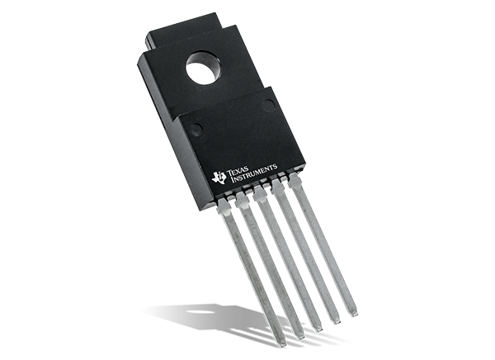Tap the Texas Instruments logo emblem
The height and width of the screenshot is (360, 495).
tap(219, 176)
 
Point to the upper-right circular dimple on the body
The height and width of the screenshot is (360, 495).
tap(269, 105)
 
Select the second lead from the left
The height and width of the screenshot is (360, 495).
tap(268, 264)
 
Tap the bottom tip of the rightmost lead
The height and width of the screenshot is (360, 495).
tap(354, 310)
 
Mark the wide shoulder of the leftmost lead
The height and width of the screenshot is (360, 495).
tap(225, 207)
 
